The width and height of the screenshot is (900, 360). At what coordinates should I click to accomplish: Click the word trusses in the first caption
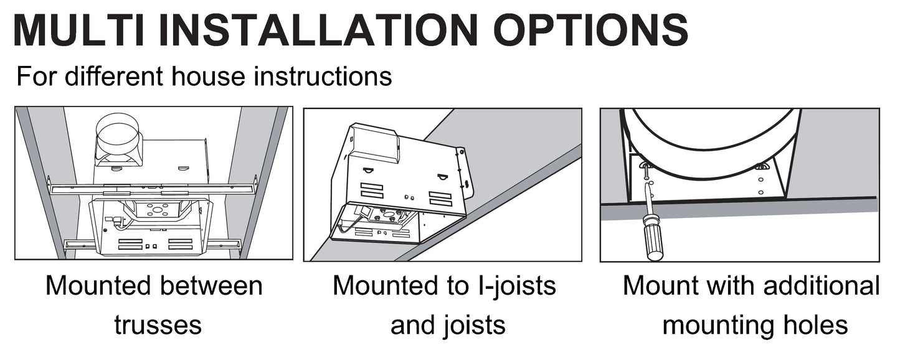coord(158,324)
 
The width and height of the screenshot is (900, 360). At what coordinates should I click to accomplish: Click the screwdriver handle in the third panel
coord(654,240)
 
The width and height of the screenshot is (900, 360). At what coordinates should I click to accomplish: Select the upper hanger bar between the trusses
coord(153,188)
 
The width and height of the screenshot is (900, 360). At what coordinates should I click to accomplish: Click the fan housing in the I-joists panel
coord(399,181)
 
